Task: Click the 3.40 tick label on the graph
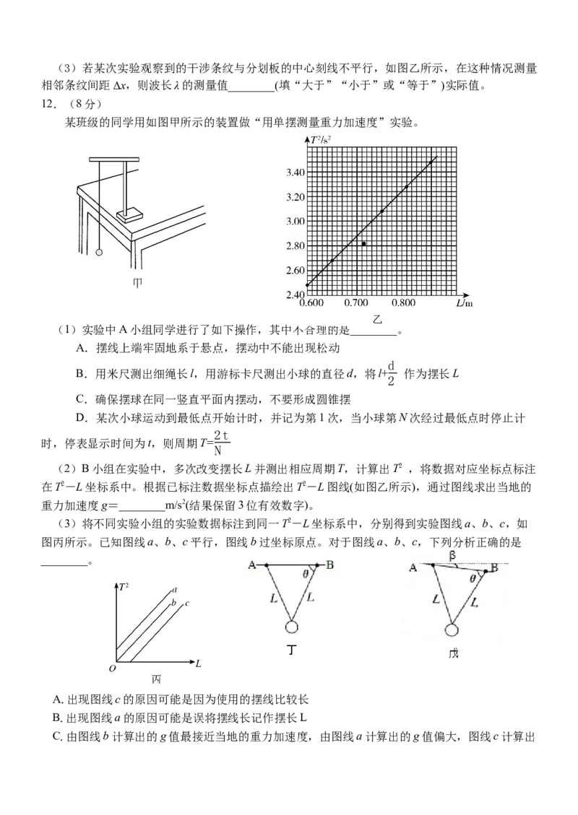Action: pos(295,173)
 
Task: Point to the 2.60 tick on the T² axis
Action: pos(295,271)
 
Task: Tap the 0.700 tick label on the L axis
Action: pos(356,303)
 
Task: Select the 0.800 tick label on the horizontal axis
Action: pos(403,303)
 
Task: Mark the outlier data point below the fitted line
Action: pos(363,244)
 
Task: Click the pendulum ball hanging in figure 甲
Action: pos(99,253)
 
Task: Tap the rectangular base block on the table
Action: pos(130,214)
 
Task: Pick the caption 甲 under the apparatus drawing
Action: pos(137,283)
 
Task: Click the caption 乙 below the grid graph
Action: pos(377,319)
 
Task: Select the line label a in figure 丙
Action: pos(175,590)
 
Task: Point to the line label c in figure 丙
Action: pos(186,603)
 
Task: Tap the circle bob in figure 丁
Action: pos(291,627)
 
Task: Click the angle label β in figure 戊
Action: pos(452,556)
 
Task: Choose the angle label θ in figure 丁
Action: pos(306,574)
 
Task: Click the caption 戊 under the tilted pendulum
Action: pos(453,653)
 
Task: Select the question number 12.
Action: pos(49,104)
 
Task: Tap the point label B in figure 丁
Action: pos(329,565)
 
